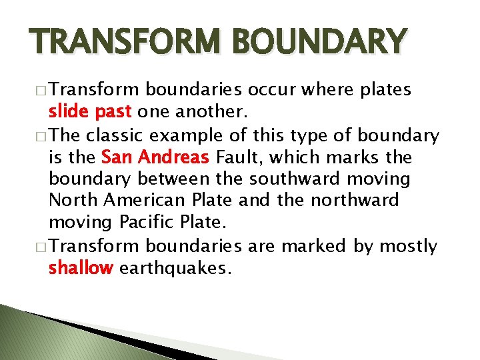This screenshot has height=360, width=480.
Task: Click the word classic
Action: (117, 136)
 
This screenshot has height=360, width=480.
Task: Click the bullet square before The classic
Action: (44, 136)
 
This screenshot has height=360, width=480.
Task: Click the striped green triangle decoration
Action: (40, 337)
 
